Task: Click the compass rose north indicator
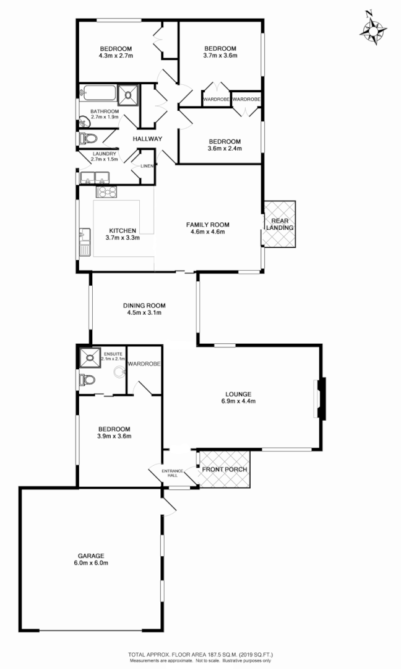tap(374, 28)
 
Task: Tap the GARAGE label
tap(91, 556)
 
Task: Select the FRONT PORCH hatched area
tap(224, 469)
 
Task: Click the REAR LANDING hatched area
tap(280, 224)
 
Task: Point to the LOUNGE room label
tap(238, 393)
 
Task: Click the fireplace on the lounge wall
tap(321, 400)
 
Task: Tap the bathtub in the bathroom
tap(98, 94)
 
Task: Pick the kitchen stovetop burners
tap(106, 193)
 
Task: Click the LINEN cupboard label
tap(147, 166)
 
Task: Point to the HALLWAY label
tap(147, 139)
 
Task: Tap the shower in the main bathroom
tap(129, 95)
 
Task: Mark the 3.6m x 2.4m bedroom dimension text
tap(224, 149)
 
